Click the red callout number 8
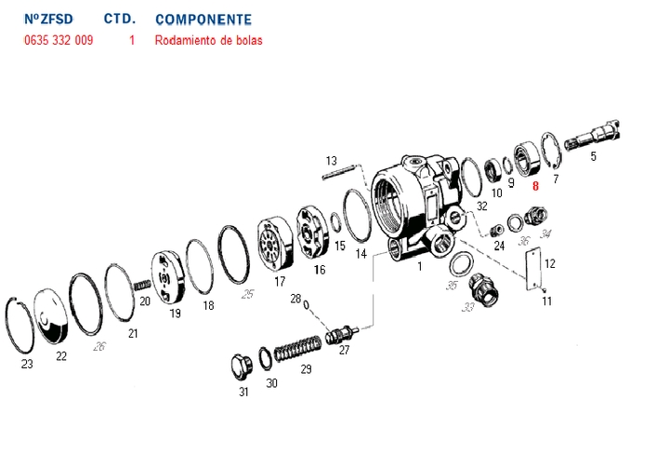point(535,186)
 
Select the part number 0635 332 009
point(58,41)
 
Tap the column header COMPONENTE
point(203,19)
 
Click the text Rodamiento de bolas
point(209,41)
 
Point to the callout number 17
point(280,281)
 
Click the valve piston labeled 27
point(344,332)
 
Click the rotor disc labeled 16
point(313,235)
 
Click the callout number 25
point(247,295)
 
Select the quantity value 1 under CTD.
point(132,41)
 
